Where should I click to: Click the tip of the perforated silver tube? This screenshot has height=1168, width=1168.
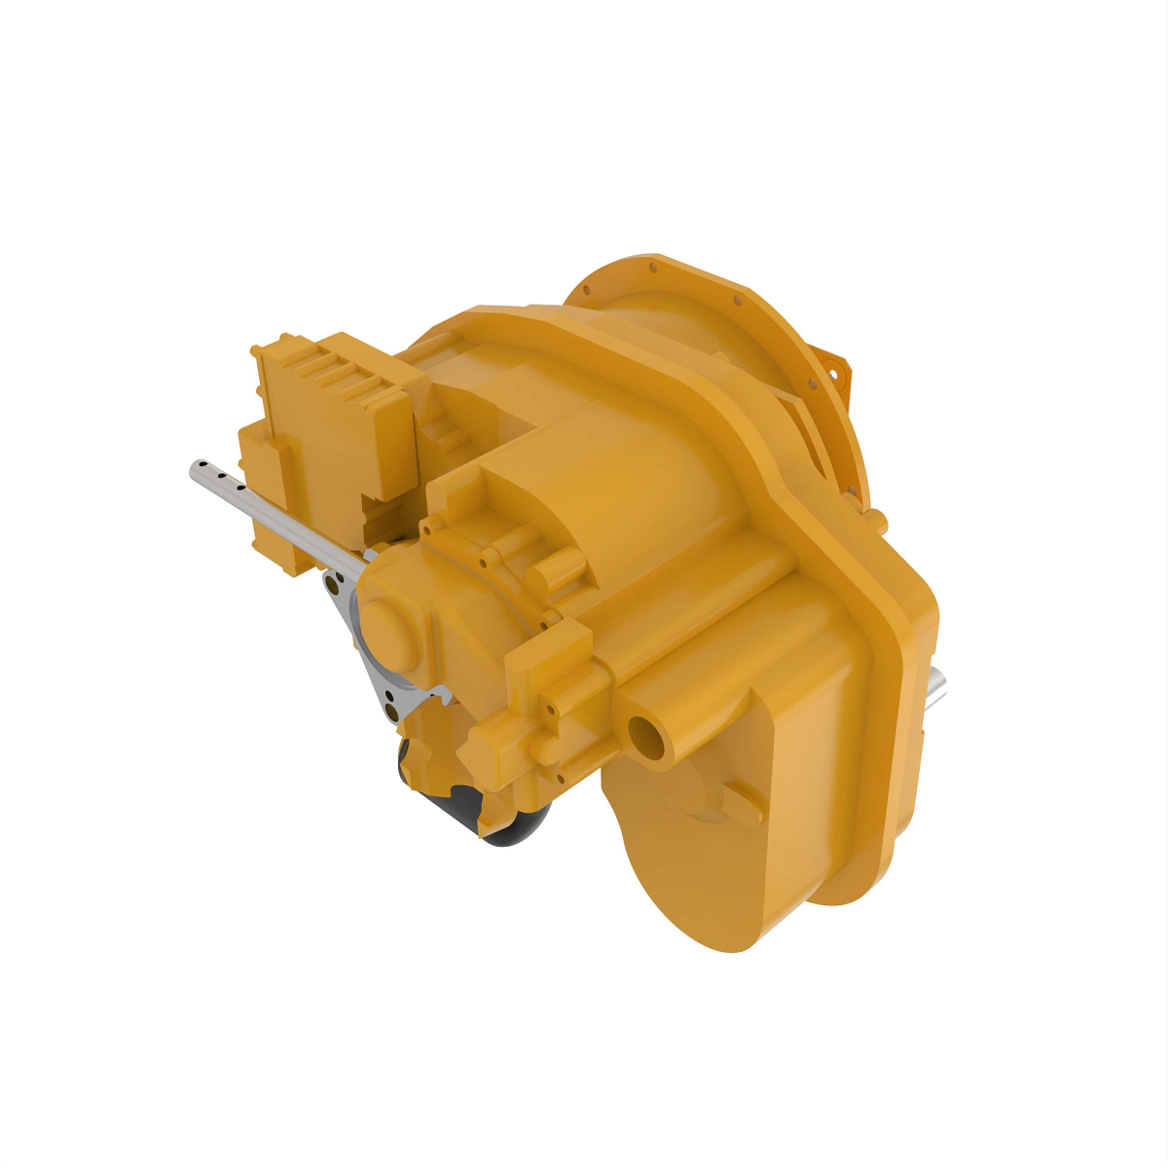click(196, 469)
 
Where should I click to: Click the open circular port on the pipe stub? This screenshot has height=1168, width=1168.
click(645, 737)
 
